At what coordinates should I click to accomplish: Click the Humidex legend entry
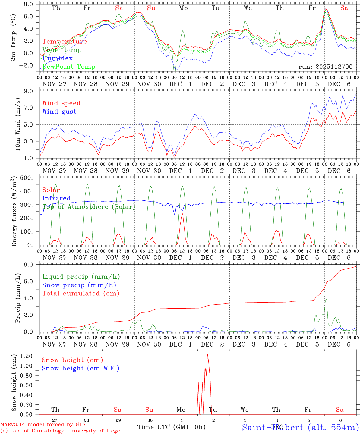(x=58, y=58)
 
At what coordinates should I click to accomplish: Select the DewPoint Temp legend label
(x=69, y=67)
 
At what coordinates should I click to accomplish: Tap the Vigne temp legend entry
(x=62, y=50)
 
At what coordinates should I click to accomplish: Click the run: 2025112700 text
(x=325, y=67)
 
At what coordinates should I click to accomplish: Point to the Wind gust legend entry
(x=59, y=112)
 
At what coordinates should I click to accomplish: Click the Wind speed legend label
(x=62, y=103)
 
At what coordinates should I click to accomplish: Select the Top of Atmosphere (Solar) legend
(x=89, y=207)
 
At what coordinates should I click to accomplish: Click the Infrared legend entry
(x=56, y=198)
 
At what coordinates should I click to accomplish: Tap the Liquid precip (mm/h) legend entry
(x=81, y=277)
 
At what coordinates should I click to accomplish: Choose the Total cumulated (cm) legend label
(x=81, y=294)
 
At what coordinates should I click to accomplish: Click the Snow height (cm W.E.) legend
(x=81, y=368)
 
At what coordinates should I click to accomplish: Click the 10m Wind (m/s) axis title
(x=18, y=124)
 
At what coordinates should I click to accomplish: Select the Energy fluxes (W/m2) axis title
(x=14, y=212)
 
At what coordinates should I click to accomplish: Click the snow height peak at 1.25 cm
(x=207, y=354)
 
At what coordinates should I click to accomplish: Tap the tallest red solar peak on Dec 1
(x=182, y=213)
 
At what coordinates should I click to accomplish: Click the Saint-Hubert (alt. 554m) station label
(x=300, y=427)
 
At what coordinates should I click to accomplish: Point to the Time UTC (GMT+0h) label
(x=171, y=427)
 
